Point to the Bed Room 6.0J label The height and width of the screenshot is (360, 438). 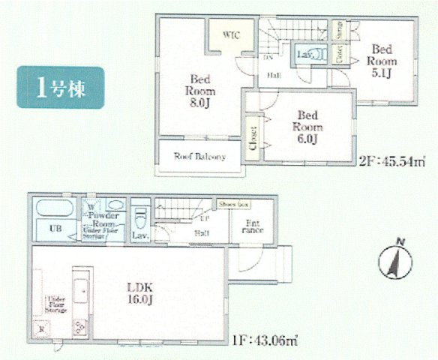click(x=307, y=127)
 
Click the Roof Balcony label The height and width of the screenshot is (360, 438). click(x=200, y=157)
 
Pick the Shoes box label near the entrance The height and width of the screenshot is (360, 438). click(x=235, y=204)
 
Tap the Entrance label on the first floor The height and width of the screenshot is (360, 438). click(x=251, y=226)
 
